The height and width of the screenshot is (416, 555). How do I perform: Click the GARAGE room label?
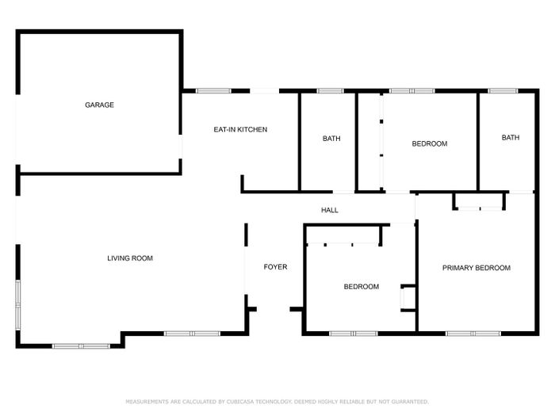(x=99, y=105)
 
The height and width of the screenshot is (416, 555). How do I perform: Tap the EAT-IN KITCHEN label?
(x=240, y=130)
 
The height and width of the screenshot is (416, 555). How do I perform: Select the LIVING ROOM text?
(x=130, y=258)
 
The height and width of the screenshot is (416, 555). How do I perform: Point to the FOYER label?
(x=275, y=267)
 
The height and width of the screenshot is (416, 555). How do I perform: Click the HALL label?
(x=330, y=211)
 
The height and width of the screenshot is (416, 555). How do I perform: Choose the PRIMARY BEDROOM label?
(x=477, y=268)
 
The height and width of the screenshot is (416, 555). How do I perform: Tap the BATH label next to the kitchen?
(x=331, y=139)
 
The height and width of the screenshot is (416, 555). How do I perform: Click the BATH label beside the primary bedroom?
(x=511, y=138)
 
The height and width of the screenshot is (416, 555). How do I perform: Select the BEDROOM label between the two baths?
(x=430, y=144)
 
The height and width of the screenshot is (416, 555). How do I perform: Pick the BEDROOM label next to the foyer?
(x=362, y=287)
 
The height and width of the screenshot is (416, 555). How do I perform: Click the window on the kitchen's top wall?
(x=213, y=91)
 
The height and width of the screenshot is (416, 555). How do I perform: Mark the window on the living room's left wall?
(x=17, y=305)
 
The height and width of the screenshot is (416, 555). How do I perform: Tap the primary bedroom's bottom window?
(x=473, y=334)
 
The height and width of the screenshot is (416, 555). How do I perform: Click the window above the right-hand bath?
(x=503, y=91)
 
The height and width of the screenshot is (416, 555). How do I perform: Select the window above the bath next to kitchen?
(x=330, y=91)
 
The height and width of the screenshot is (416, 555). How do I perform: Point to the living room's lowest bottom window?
(x=81, y=346)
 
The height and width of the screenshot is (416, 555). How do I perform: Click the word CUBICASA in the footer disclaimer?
(x=240, y=402)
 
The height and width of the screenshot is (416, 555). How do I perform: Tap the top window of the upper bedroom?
(x=412, y=91)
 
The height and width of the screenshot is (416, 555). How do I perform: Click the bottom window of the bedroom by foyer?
(x=354, y=334)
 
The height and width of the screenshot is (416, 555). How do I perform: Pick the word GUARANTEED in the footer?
(x=411, y=402)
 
